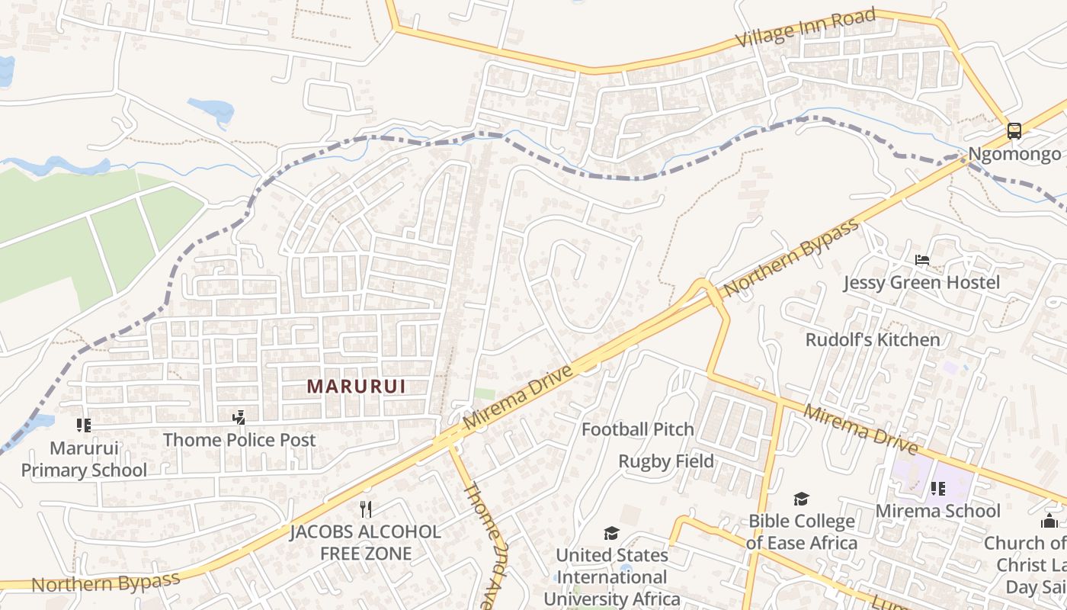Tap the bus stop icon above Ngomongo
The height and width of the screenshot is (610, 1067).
coord(1014,130)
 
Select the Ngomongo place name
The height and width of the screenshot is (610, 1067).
coord(1014,155)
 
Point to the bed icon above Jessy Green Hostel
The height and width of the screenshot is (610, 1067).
coord(921,260)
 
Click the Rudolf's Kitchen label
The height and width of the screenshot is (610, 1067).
coord(873,339)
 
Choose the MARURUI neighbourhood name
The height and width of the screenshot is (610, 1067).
coord(356,387)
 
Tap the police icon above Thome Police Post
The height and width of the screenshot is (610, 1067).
coord(239,417)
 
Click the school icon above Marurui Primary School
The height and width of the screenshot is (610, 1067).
coord(83,425)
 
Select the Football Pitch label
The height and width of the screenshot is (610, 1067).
coord(638,430)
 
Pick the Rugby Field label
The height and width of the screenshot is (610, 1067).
coord(666,461)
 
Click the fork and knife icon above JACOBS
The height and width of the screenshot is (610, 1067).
coord(366,509)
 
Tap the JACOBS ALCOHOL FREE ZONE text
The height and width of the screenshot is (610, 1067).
coord(366,542)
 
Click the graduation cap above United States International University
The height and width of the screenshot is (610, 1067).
coord(611,533)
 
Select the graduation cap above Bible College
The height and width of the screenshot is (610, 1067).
coord(801,499)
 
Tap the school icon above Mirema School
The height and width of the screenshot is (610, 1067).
coord(937,488)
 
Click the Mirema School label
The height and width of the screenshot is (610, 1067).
coord(937,511)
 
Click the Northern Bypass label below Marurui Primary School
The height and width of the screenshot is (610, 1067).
coord(106,583)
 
